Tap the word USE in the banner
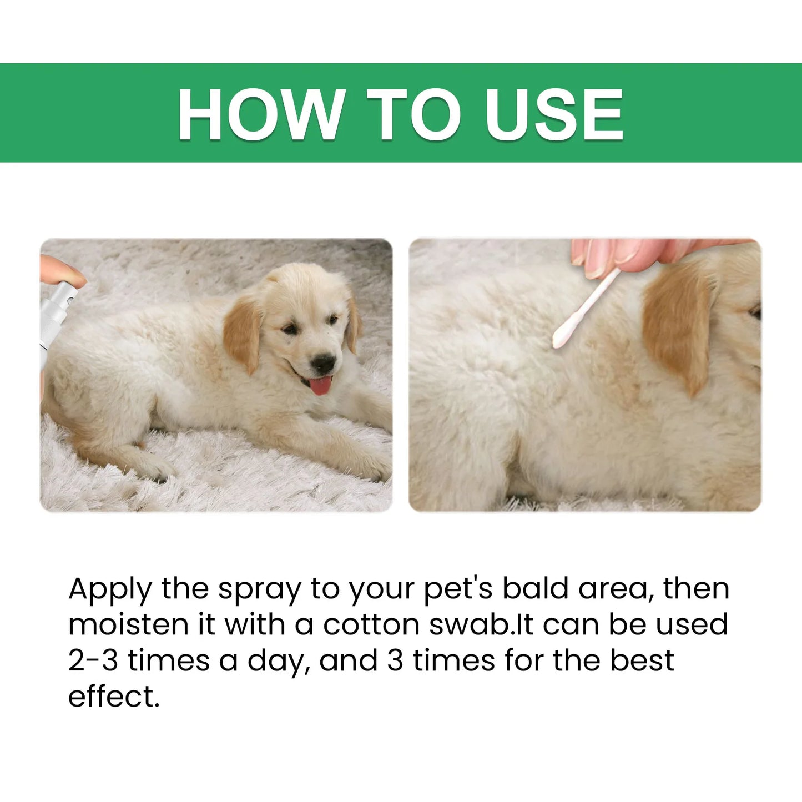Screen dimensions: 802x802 coord(554,114)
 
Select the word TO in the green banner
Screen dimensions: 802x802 coord(413,114)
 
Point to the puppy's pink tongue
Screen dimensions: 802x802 coord(320,385)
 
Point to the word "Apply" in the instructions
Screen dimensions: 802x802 coord(109,589)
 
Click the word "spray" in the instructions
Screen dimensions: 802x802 coord(259,589)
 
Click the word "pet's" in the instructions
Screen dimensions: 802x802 coord(458,589)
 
